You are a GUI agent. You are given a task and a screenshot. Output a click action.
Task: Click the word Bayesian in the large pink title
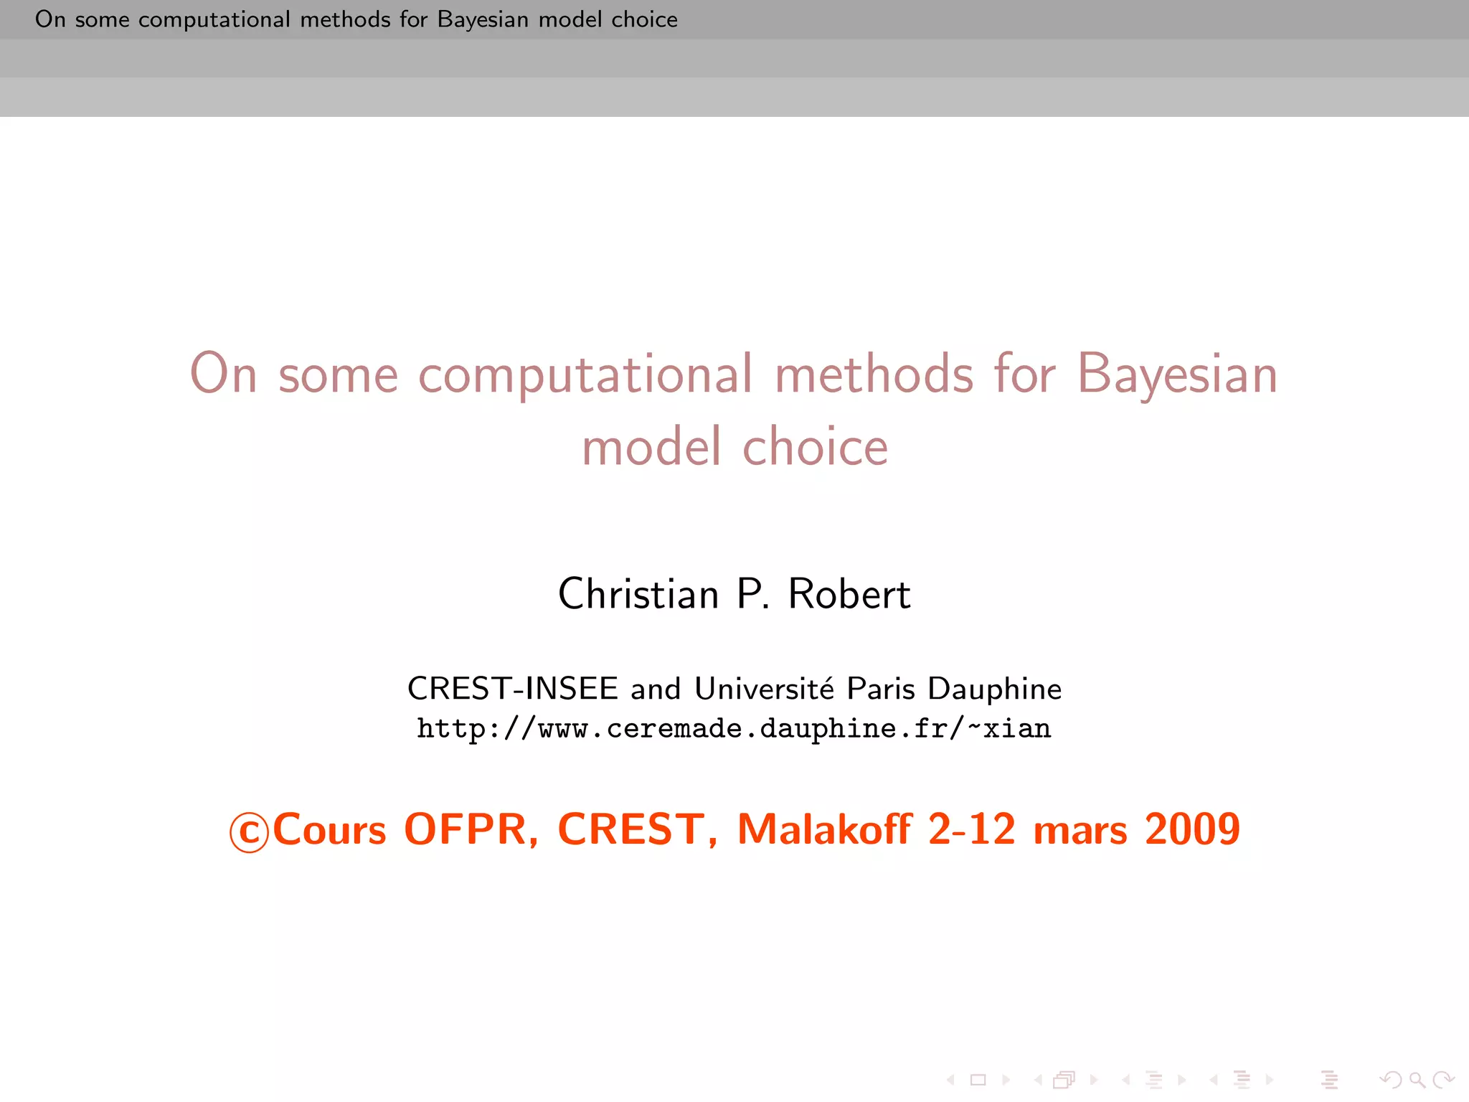(1176, 375)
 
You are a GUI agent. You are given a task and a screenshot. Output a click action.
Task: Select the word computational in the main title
(585, 375)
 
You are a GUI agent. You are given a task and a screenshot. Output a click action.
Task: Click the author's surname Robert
(849, 594)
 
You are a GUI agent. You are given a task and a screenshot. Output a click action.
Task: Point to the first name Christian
(638, 594)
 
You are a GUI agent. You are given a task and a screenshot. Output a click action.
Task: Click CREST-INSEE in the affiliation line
(512, 689)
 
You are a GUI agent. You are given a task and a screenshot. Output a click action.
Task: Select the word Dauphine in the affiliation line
(994, 689)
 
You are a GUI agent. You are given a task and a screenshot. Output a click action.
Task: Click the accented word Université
(765, 689)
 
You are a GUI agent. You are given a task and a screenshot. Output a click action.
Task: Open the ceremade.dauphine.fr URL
(734, 729)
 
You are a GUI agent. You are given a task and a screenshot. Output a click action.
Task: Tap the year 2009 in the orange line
(1192, 829)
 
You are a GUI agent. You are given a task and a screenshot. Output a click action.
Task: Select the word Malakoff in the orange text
(825, 829)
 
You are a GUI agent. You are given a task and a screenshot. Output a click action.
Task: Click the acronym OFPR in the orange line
(471, 829)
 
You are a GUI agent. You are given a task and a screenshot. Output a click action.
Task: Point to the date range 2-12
(972, 829)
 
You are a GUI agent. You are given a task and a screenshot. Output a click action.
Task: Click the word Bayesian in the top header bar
(483, 19)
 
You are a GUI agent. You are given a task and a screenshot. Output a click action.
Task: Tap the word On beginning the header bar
(50, 19)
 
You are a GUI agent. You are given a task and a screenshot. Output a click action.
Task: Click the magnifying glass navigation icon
(1417, 1080)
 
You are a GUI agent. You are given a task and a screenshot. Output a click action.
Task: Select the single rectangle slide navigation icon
(978, 1080)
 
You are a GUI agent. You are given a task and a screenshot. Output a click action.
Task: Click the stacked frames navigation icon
(1064, 1080)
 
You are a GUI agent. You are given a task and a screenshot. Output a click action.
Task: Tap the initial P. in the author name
(752, 594)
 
